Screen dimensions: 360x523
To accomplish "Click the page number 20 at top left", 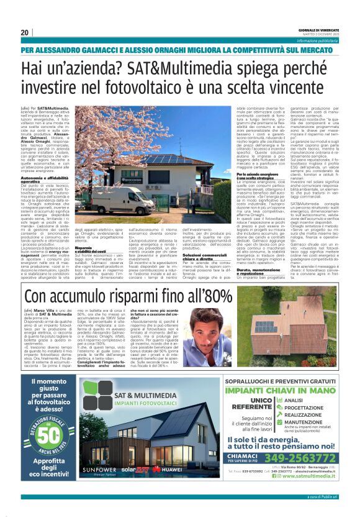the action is coord(24,32).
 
